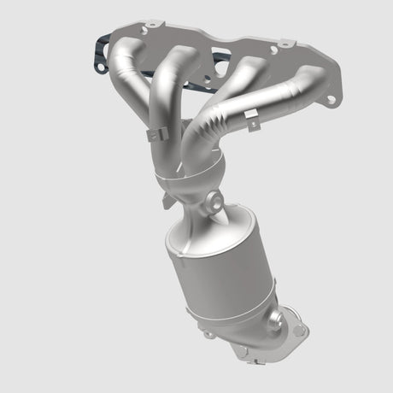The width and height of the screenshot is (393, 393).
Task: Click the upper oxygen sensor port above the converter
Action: [x=212, y=202]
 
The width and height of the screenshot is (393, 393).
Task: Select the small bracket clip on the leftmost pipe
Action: [x=153, y=134]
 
